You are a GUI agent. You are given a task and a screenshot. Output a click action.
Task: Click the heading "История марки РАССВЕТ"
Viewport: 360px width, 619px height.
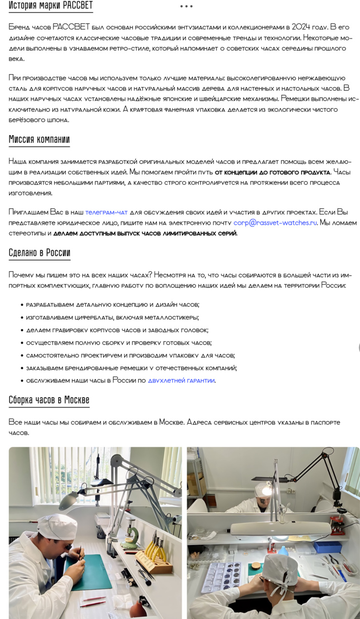50,6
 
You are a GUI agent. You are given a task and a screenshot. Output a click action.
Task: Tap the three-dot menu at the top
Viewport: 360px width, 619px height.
186,6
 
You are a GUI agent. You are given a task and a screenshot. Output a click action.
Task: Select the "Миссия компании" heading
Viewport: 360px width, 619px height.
39,140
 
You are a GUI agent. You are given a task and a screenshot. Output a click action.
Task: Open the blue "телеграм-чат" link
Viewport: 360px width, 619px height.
106,212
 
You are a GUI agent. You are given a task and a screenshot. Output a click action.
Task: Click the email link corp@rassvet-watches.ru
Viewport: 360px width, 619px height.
275,223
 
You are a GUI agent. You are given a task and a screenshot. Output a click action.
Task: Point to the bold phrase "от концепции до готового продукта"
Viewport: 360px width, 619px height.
273,173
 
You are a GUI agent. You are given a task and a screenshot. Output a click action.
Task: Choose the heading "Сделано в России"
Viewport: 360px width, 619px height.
40,252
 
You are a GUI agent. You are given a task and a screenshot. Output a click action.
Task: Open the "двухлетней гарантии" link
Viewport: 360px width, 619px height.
181,381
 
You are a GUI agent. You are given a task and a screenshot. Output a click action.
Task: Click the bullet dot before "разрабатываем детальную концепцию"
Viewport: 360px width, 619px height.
22,305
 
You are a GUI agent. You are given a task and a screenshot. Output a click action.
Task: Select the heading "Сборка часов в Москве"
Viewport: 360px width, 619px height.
49,400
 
